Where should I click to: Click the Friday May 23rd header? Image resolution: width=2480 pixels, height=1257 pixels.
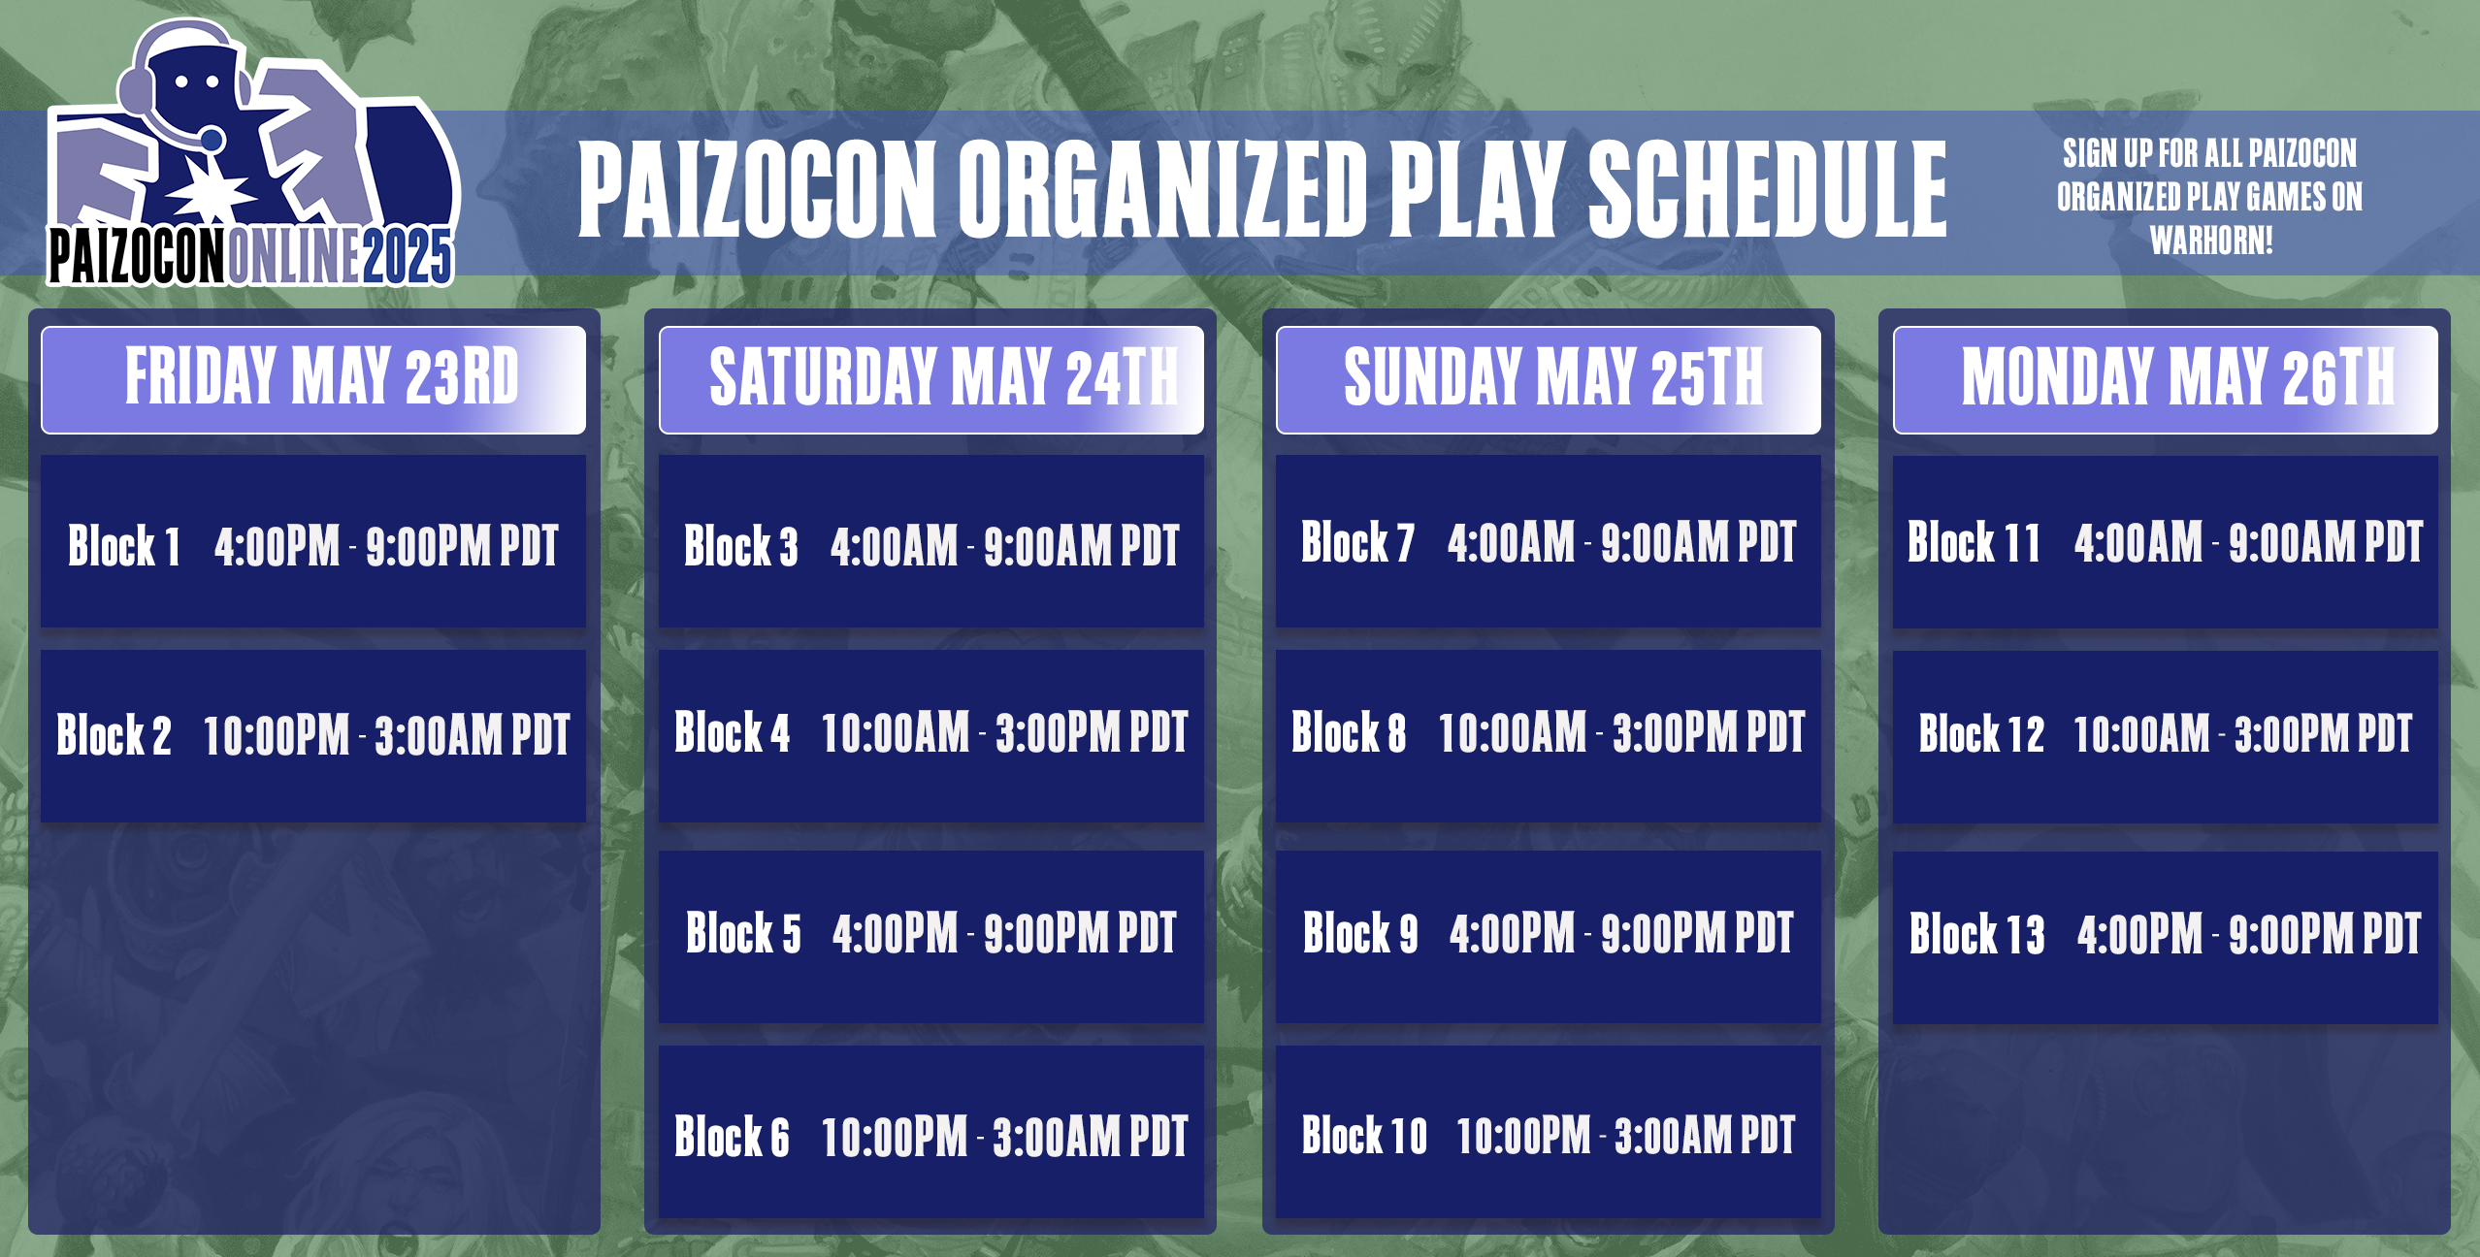(x=313, y=379)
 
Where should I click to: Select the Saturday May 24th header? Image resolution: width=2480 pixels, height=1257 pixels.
(x=930, y=379)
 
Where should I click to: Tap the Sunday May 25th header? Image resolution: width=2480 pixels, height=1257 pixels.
(x=1548, y=379)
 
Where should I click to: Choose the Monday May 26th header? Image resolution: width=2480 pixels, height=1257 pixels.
(x=2165, y=379)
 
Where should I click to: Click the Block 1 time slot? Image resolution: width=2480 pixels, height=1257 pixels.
(x=313, y=542)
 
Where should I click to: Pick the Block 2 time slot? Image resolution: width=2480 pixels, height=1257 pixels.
(x=313, y=735)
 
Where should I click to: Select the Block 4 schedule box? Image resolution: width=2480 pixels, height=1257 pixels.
(x=930, y=735)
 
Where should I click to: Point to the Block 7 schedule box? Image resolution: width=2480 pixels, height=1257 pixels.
(x=1548, y=542)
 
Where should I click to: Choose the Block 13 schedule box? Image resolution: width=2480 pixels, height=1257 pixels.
(x=2165, y=936)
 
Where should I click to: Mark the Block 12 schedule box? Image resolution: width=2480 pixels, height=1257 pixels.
(x=2165, y=735)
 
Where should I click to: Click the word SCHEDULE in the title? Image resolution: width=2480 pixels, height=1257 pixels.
(x=1766, y=189)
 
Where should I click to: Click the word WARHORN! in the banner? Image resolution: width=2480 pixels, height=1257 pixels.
(x=2211, y=241)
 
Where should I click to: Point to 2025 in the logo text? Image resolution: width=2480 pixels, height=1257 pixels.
(x=408, y=258)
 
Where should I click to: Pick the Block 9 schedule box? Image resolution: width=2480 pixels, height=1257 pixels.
(x=1548, y=936)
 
